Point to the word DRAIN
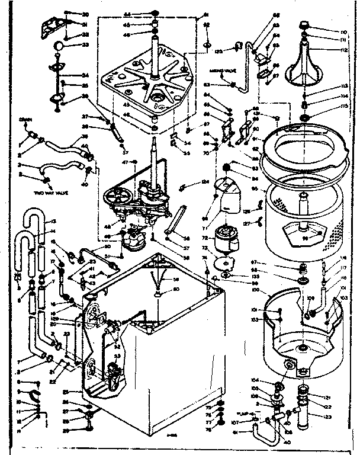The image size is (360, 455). pos(25,120)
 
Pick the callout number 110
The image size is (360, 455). pos(343,31)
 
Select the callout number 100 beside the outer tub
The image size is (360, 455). pos(257,290)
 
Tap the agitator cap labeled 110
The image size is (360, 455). pos(306,26)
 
